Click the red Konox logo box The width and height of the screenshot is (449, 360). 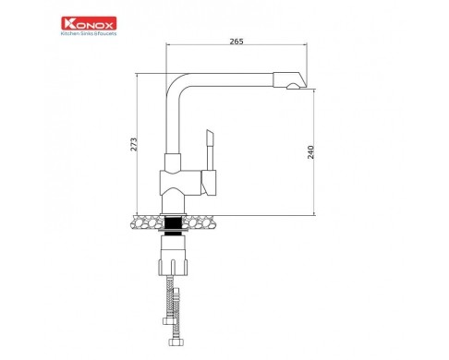pos(89,23)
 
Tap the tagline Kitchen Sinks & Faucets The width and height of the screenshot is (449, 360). pos(89,33)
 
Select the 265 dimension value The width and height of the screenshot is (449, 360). pos(237,42)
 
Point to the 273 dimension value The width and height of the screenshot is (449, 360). pos(134,144)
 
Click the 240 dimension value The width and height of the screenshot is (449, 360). pos(310,152)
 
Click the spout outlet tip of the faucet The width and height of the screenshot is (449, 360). pos(297,86)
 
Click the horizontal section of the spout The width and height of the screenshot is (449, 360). pos(231,79)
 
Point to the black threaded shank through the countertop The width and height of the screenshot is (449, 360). pos(173,225)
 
